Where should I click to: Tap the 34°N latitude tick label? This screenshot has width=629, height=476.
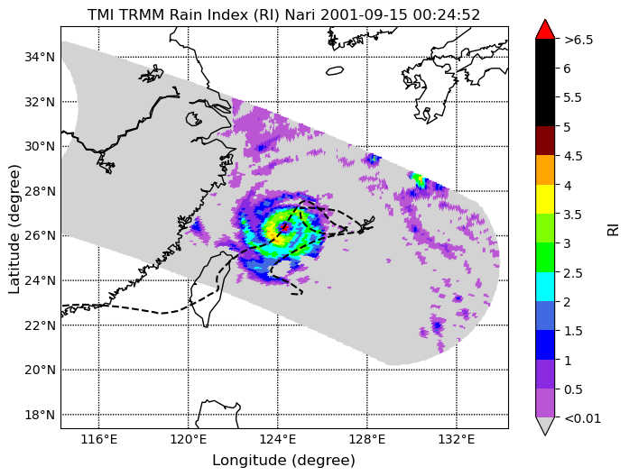pyautogui.click(x=40, y=58)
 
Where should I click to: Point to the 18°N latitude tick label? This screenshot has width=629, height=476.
pyautogui.click(x=40, y=415)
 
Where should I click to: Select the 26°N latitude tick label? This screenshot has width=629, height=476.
pyautogui.click(x=40, y=235)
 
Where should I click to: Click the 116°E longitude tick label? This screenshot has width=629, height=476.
pyautogui.click(x=98, y=440)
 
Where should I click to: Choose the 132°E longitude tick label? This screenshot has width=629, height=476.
pyautogui.click(x=457, y=440)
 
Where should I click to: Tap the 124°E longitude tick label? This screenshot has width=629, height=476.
pyautogui.click(x=278, y=440)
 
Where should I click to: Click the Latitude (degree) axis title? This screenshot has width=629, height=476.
pyautogui.click(x=14, y=228)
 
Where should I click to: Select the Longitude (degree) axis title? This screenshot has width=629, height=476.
pyautogui.click(x=284, y=461)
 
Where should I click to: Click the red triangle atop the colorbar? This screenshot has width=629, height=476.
pyautogui.click(x=545, y=30)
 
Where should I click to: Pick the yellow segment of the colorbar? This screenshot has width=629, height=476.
pyautogui.click(x=545, y=199)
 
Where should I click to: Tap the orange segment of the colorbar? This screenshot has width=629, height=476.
pyautogui.click(x=545, y=169)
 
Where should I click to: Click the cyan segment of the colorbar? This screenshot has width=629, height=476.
pyautogui.click(x=545, y=287)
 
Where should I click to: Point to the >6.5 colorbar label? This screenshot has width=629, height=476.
pyautogui.click(x=578, y=40)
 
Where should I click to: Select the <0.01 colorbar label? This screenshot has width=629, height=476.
pyautogui.click(x=582, y=418)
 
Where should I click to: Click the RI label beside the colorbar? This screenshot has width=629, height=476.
pyautogui.click(x=613, y=230)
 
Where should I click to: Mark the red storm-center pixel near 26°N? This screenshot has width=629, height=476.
pyautogui.click(x=285, y=227)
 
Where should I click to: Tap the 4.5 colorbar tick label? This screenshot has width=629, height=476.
pyautogui.click(x=573, y=156)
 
